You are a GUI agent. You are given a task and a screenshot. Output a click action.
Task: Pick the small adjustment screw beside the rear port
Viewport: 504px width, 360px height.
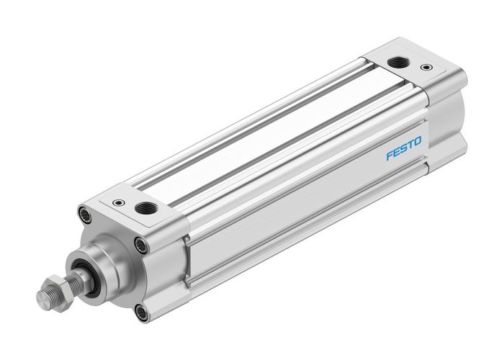pos(429,68)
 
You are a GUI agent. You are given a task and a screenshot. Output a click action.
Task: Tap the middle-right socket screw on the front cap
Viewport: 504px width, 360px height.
pos(142,244)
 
